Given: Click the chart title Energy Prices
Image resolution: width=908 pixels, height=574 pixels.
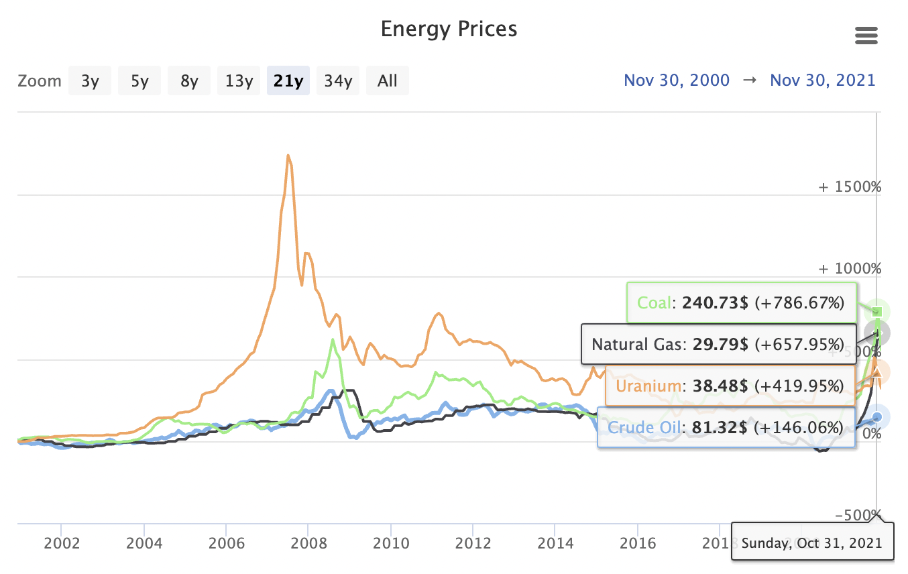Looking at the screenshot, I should click(x=449, y=30).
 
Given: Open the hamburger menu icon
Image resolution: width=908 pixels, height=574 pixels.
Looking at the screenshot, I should click(x=866, y=36).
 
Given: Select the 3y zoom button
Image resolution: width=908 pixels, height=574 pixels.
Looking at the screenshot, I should click(x=90, y=81).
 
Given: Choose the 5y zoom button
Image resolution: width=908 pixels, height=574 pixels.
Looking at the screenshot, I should click(x=139, y=81).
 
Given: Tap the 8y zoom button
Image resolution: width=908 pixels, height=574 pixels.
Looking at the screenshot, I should click(x=189, y=81).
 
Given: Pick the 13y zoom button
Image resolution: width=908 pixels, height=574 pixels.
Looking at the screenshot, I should click(x=239, y=81).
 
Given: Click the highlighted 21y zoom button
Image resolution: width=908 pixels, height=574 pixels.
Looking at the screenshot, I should click(x=288, y=81).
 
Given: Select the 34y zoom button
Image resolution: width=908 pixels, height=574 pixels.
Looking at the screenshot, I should click(x=338, y=81).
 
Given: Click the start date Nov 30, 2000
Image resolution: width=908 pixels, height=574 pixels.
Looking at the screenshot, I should click(x=677, y=80).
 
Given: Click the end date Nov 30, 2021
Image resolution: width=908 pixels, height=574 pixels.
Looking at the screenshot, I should click(x=823, y=80).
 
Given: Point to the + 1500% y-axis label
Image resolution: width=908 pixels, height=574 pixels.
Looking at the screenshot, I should click(x=850, y=187).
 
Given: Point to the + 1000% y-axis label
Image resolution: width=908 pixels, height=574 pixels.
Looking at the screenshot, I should click(x=850, y=269).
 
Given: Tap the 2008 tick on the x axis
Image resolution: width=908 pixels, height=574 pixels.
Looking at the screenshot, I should click(x=308, y=542).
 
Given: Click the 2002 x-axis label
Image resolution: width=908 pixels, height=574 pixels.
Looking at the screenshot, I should click(x=61, y=542).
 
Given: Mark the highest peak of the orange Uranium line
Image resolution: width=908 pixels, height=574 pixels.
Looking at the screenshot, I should click(x=288, y=156).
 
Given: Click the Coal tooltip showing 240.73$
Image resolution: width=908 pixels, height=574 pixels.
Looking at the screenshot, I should click(x=742, y=303).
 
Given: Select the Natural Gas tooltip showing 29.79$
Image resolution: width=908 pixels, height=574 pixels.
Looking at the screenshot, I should click(x=718, y=345).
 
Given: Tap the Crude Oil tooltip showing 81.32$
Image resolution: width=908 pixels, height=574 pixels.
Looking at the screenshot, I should click(x=726, y=427).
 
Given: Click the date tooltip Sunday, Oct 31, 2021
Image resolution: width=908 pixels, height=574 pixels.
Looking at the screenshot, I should click(x=813, y=542).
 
